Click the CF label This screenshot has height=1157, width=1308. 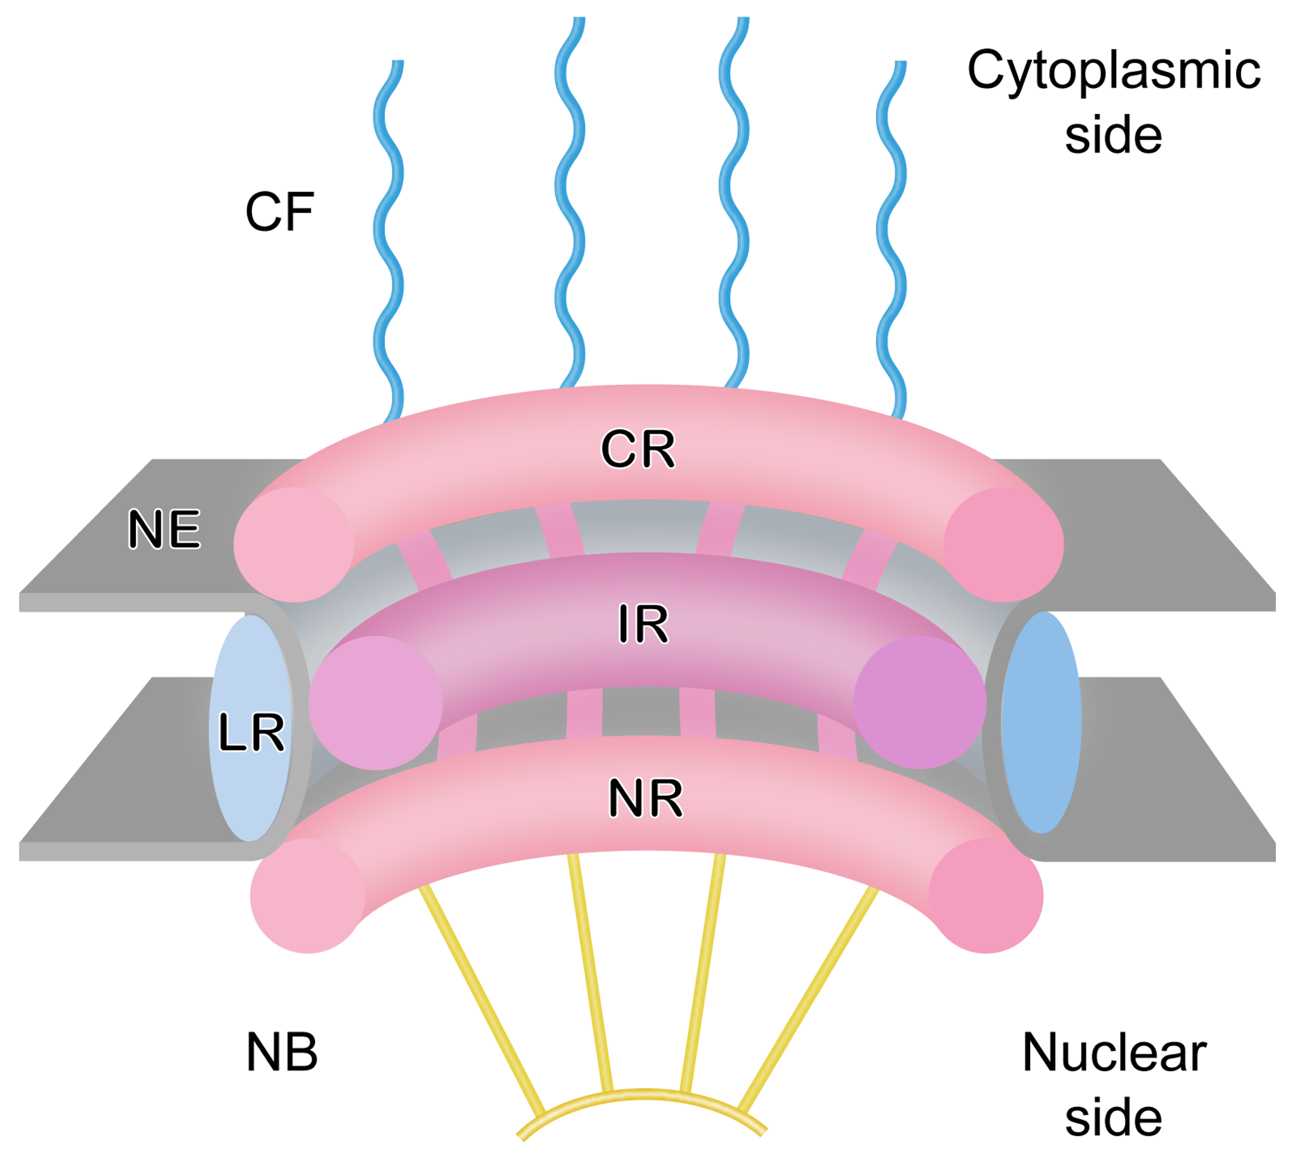279,212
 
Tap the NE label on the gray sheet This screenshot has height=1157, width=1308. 164,529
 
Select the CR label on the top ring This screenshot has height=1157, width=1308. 638,449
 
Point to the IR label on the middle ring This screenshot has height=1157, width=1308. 643,624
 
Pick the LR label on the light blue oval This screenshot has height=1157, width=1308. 251,732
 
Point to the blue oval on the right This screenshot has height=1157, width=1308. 1041,723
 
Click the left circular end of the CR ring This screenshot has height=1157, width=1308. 294,545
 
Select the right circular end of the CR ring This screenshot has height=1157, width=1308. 1003,545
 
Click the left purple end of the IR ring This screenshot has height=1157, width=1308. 376,703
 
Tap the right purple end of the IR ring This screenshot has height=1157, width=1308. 920,703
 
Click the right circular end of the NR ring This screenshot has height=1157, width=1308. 986,896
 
